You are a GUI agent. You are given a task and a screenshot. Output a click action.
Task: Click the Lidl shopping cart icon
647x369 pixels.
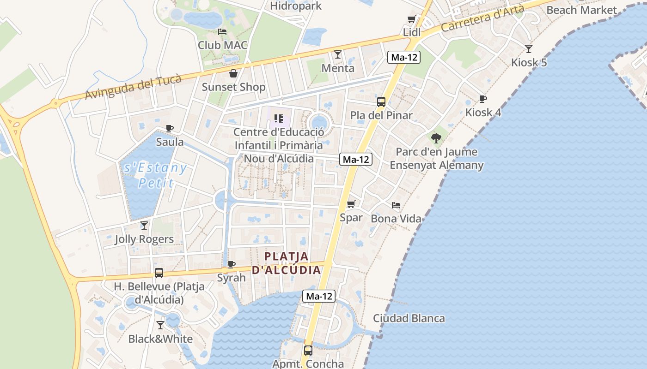411,19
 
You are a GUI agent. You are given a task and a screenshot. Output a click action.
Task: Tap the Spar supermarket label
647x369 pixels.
351,218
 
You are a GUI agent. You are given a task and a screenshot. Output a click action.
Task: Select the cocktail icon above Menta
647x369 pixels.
338,54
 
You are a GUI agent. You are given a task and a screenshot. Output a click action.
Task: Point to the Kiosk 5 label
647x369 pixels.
529,62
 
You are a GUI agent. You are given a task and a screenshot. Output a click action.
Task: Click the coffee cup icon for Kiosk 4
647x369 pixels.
482,99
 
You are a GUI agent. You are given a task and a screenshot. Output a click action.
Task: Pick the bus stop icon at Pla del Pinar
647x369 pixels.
381,102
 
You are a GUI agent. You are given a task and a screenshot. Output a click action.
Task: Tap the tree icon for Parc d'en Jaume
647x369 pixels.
436,138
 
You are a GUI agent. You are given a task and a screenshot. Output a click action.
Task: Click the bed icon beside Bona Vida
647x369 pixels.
396,205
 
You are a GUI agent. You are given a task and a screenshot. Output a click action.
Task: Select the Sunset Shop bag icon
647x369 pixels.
233,73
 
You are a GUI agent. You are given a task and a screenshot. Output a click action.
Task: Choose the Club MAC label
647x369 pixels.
223,45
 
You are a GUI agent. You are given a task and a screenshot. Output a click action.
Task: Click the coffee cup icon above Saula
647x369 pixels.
170,128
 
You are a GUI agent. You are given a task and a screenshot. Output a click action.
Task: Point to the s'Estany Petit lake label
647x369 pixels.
155,175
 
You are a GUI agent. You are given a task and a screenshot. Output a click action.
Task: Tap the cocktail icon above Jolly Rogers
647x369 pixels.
144,226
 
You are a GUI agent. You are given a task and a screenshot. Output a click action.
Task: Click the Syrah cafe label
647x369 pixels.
232,278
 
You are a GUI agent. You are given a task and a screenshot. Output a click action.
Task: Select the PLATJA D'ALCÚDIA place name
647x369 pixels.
287,263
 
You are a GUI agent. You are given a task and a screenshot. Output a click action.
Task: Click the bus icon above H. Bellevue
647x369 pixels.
159,273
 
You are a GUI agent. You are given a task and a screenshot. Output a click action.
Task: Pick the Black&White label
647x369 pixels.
160,339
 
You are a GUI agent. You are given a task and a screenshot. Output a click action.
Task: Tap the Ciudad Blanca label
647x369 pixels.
409,318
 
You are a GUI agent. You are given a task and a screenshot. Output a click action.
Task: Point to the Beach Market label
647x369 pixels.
581,10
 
